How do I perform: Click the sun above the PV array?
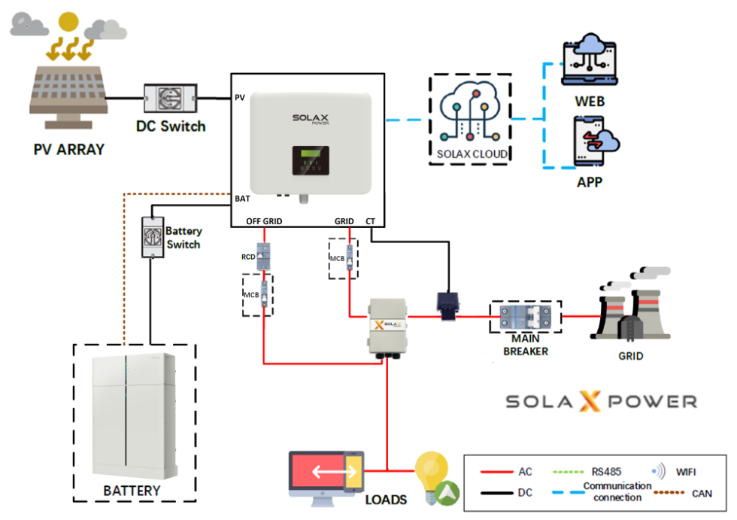pos(68,23)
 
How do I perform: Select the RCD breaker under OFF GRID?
pos(264,257)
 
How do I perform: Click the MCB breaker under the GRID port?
pos(350,257)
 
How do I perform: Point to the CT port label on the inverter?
pos(370,221)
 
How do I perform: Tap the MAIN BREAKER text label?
pos(526,345)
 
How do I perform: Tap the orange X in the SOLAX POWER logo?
pos(586,401)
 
